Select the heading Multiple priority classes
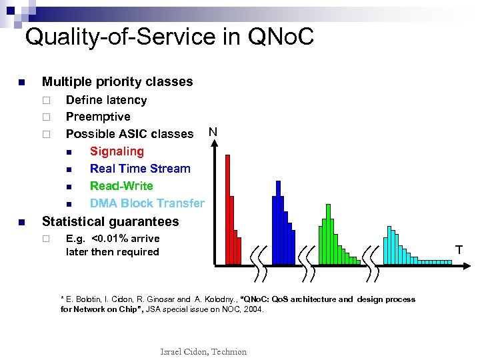[117, 82]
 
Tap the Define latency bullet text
[106, 100]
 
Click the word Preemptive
[98, 117]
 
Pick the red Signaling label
[117, 151]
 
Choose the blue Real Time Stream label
[140, 169]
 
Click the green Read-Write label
[121, 186]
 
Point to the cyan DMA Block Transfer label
[147, 203]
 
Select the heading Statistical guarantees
[110, 221]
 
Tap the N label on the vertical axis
[212, 131]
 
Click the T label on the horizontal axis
[459, 250]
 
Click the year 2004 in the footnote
[253, 309]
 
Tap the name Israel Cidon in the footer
[183, 351]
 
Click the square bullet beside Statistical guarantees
[21, 222]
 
